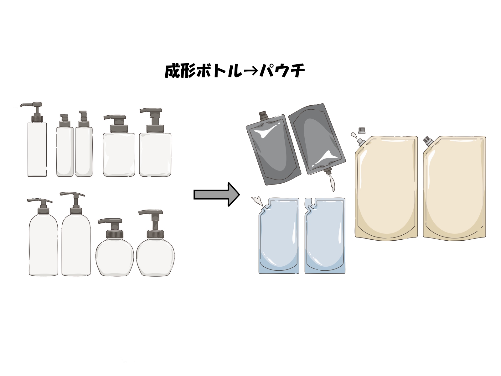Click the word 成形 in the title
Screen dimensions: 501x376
[180, 71]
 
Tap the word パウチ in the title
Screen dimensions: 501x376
[282, 71]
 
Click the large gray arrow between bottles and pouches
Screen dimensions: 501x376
[217, 195]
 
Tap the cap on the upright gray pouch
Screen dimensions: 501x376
[263, 116]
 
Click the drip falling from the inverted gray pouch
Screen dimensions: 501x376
[332, 183]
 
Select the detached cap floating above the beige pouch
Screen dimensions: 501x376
[362, 130]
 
